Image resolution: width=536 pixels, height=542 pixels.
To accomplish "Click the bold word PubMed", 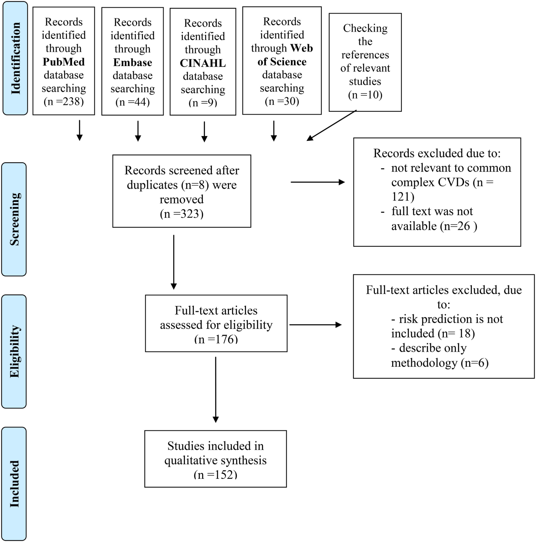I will [x=63, y=62].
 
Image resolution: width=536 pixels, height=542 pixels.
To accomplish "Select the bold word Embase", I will [x=132, y=62].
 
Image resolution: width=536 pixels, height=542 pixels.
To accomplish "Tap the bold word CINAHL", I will [x=203, y=63].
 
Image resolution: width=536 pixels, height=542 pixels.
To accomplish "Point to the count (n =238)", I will [x=63, y=102].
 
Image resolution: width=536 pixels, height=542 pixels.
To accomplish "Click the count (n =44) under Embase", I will [x=132, y=102].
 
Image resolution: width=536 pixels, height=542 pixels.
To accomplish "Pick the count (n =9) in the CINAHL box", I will [x=203, y=103].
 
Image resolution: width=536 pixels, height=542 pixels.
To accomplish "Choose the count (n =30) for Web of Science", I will [x=282, y=101].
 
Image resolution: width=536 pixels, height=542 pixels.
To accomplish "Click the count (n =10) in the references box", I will [x=365, y=95].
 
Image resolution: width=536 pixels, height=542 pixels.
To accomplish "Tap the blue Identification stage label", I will [x=15, y=58].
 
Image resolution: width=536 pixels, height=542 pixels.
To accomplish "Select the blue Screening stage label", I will [x=14, y=219].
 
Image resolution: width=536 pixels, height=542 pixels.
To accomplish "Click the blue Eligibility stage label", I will [x=14, y=351].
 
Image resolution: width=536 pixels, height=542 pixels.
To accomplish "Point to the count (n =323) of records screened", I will [x=181, y=214].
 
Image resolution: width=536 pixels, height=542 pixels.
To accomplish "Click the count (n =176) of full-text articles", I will [x=216, y=339].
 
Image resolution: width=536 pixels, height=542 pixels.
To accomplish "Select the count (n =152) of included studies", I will [x=215, y=475].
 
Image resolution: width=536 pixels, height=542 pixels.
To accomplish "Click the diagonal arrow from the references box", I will [x=331, y=126].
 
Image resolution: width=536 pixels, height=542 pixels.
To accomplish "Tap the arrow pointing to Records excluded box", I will [x=317, y=182].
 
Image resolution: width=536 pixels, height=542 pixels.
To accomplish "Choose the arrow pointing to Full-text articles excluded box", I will [x=315, y=325].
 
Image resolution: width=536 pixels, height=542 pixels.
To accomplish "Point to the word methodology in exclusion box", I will [x=424, y=363].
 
